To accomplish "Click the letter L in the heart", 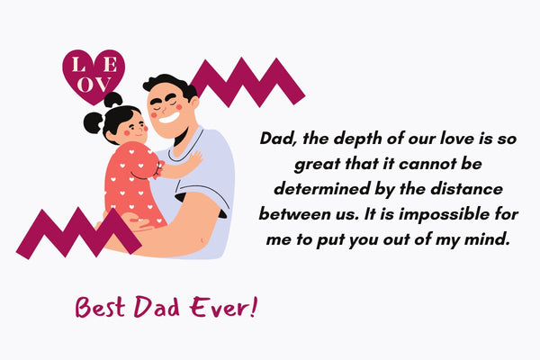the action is pos(78,65).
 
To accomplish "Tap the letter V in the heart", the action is pos(102,85).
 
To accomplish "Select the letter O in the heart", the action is pos(85,85).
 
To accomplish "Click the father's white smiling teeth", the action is pos(169,118).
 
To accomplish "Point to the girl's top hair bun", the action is pos(113,100).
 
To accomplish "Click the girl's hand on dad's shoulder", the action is pos(194,159).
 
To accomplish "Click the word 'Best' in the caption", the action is pos(100,307).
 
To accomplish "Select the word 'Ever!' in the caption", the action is pos(223,307).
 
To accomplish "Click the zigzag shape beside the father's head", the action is pos(247,82).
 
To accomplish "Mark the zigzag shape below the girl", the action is pos(78,233).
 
